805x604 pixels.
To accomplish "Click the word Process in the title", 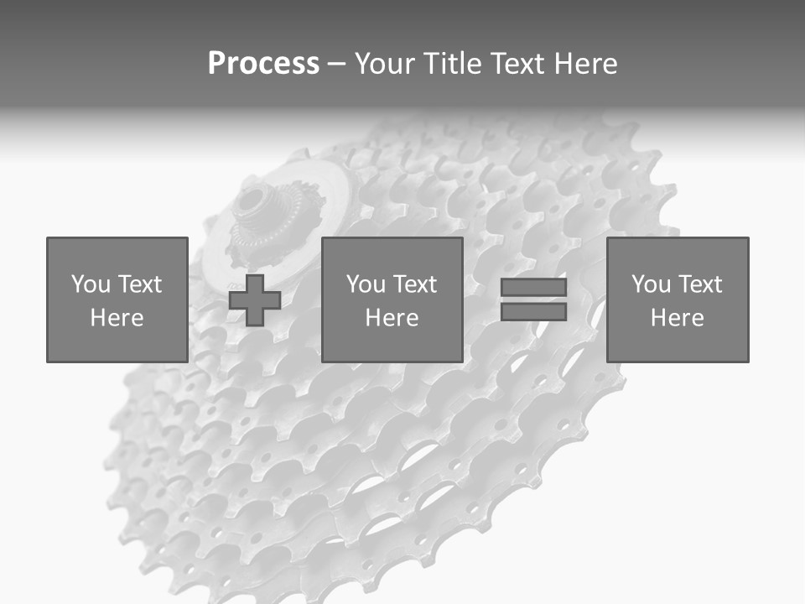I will (263, 64).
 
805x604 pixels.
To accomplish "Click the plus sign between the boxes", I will (255, 299).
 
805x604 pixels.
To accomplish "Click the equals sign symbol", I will (533, 299).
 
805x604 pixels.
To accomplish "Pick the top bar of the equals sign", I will (533, 288).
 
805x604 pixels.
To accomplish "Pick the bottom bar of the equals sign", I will (533, 312).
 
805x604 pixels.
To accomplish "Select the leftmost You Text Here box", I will (117, 299).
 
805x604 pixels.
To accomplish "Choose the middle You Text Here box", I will (392, 299).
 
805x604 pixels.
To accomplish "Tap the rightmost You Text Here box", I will (677, 299).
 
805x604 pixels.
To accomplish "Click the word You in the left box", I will (91, 284).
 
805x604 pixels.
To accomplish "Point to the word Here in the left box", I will (117, 318).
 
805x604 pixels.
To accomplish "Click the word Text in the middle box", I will (413, 284).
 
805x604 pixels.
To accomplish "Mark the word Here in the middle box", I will (392, 318).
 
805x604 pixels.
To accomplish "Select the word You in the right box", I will (651, 284).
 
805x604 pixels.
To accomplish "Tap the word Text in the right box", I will (699, 284).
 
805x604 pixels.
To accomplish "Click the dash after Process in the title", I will (336, 65).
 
